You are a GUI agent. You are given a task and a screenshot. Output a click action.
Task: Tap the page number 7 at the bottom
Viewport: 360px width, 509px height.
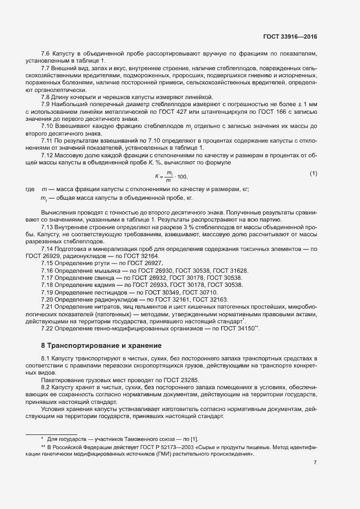[315, 463]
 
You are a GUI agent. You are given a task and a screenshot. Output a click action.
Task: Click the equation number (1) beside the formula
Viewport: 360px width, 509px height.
[313, 174]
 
